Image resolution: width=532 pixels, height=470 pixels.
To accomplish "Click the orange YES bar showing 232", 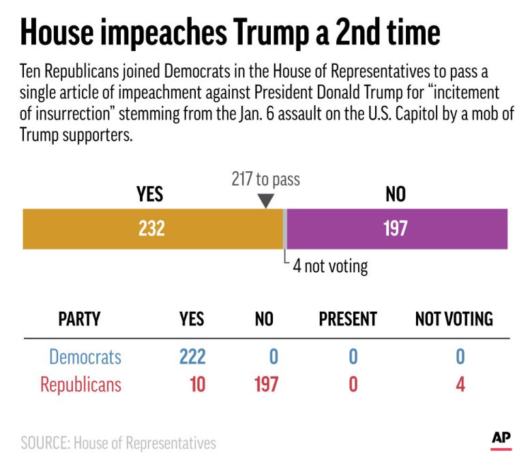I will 152,229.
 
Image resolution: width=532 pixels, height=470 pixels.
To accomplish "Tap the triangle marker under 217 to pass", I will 266,201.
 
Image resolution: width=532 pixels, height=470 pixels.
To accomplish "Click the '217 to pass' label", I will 266,180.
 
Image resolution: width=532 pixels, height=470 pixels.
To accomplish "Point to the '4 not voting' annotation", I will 330,266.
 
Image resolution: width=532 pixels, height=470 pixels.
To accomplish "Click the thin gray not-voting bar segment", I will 284,229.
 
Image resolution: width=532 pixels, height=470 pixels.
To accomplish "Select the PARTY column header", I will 79,319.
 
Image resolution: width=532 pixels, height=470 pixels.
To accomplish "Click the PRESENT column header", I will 348,319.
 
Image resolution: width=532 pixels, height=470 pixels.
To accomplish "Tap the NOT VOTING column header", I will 454,319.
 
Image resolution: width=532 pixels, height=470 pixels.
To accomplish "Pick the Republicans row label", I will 80,384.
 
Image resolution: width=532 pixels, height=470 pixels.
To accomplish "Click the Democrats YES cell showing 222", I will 192,357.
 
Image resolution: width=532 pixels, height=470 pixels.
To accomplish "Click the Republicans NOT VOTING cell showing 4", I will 460,384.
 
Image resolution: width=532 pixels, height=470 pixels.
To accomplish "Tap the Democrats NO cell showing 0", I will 272,357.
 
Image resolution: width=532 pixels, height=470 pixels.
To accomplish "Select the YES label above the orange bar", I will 149,195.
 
